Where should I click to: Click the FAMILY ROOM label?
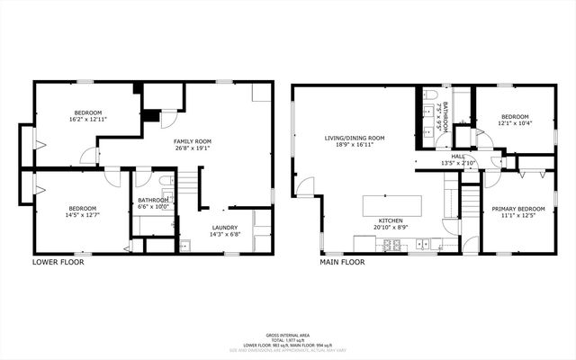tap(192, 141)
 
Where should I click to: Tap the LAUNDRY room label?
tap(224, 227)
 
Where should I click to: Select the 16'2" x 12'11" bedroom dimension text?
tap(89, 120)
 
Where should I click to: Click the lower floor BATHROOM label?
tap(152, 200)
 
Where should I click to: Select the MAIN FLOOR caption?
tap(342, 263)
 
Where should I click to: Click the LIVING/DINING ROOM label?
tap(355, 138)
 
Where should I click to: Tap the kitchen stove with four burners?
tap(392, 244)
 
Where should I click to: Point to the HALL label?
tap(458, 157)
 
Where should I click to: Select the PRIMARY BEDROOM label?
tap(517, 209)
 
